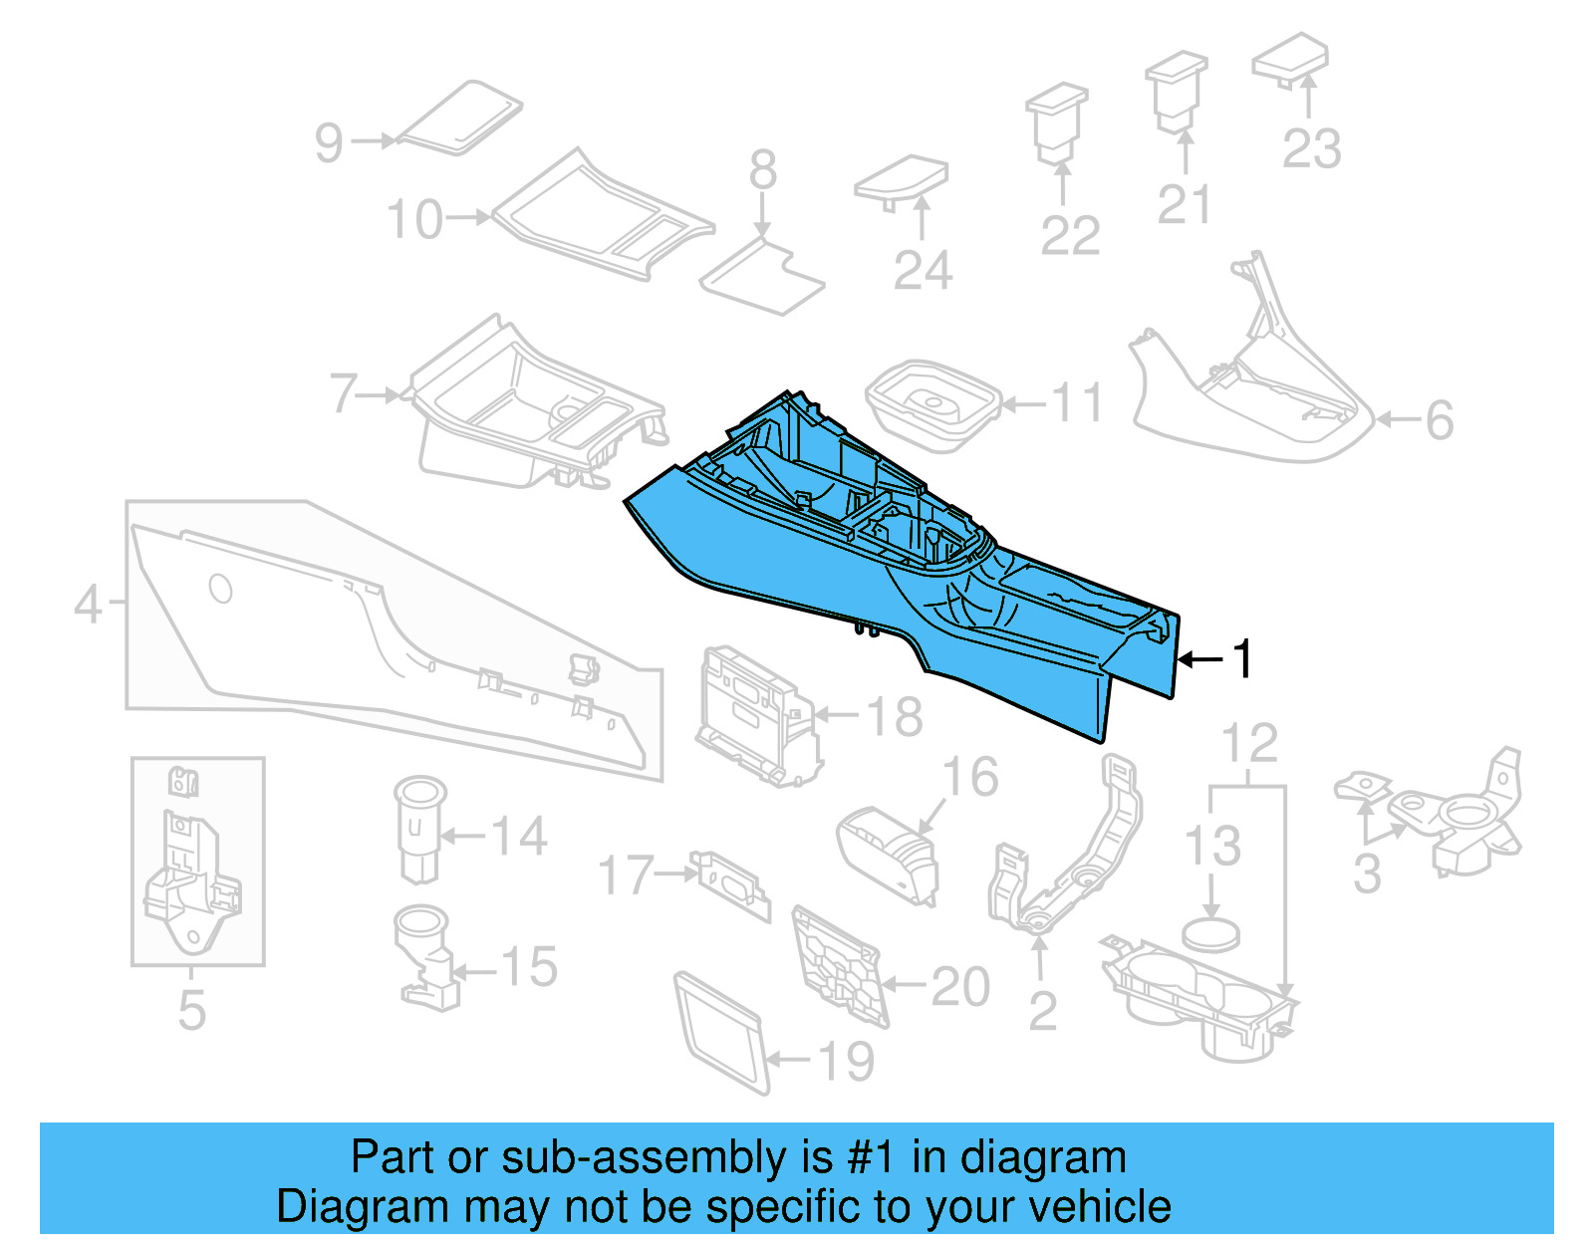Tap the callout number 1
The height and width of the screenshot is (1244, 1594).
tap(1241, 659)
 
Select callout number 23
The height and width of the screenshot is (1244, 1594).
tap(1311, 149)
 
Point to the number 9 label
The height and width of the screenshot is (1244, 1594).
tap(329, 142)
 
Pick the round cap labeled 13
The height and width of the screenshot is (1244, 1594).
tap(1211, 934)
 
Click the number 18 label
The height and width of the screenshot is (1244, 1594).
tap(895, 716)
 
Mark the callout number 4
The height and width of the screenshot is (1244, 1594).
tap(89, 604)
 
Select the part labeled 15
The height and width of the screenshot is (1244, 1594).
tap(426, 957)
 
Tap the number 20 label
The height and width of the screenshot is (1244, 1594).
tap(960, 987)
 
